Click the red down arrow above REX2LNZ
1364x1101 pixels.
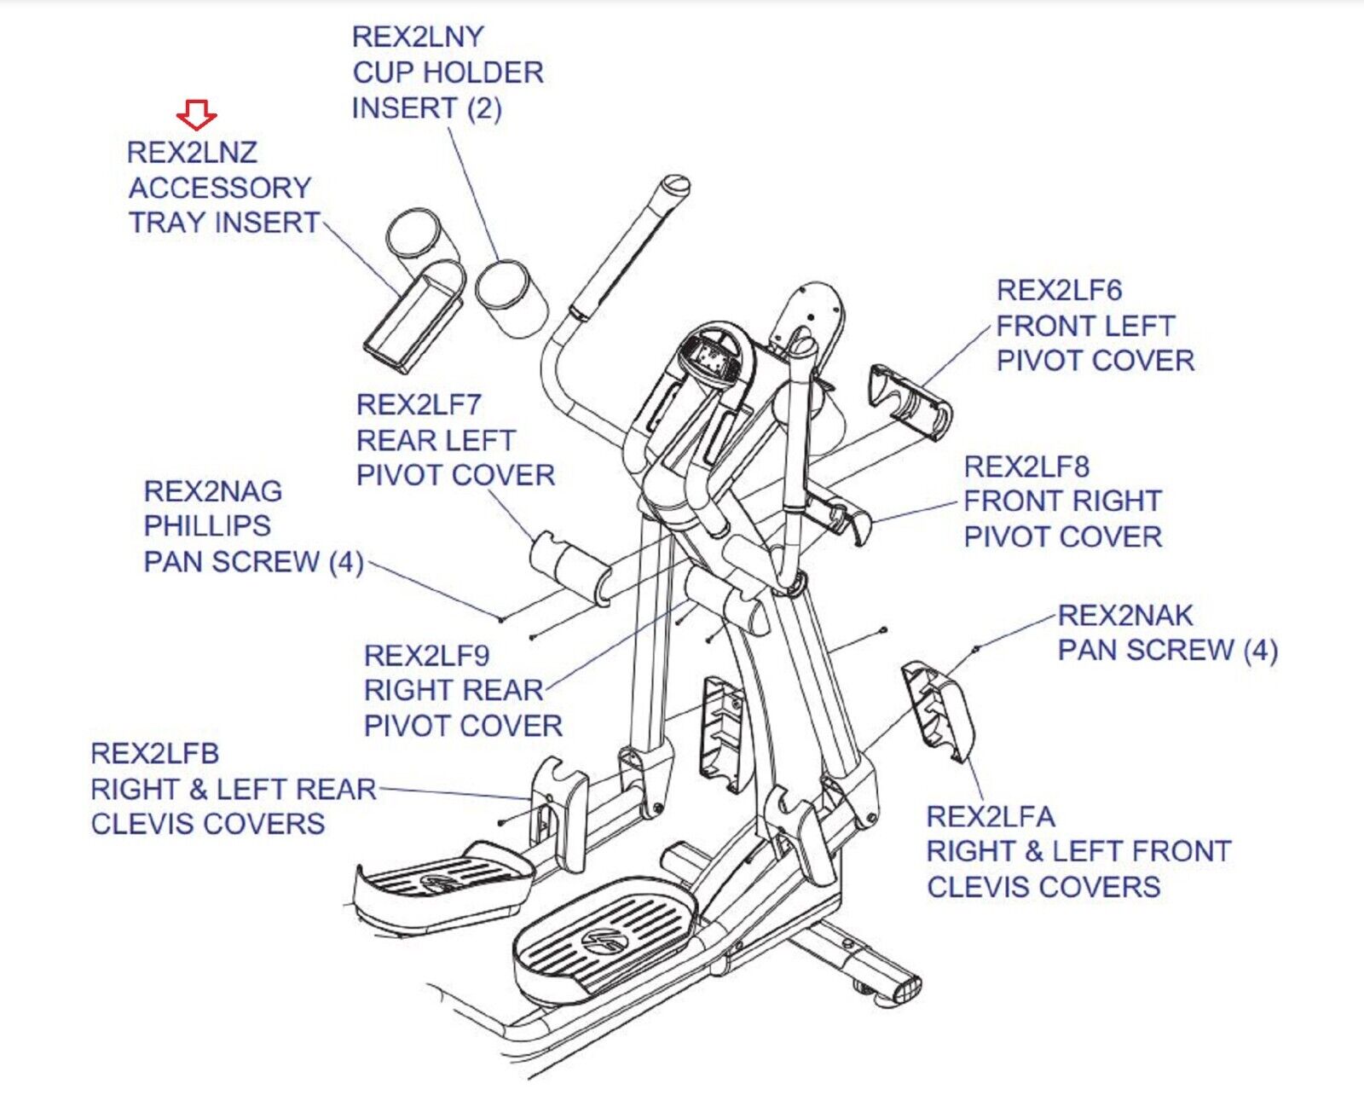(x=197, y=113)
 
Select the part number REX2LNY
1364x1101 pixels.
(x=418, y=37)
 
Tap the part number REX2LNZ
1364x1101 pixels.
(x=192, y=153)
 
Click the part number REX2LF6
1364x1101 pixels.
(x=1059, y=291)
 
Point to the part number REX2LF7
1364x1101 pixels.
(x=419, y=404)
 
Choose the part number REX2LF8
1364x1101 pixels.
(x=1026, y=466)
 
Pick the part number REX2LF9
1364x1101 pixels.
(x=426, y=655)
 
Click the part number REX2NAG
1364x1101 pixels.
(x=212, y=491)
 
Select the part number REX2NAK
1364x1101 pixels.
(x=1125, y=615)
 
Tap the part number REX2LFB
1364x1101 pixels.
(x=154, y=754)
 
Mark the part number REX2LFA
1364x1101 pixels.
(x=991, y=817)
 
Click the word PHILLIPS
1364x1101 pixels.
(x=207, y=526)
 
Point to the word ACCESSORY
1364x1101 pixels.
(x=220, y=188)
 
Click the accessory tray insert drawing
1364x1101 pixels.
(x=413, y=320)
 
